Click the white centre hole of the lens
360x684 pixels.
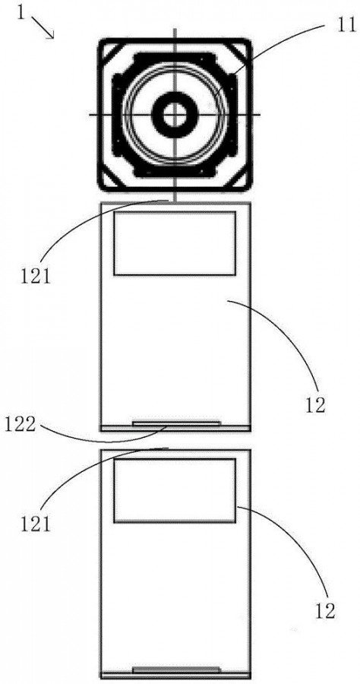point(175,115)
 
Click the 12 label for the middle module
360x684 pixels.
point(314,406)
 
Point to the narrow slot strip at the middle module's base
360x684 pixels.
point(176,423)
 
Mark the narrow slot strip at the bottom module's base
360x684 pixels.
point(176,669)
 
